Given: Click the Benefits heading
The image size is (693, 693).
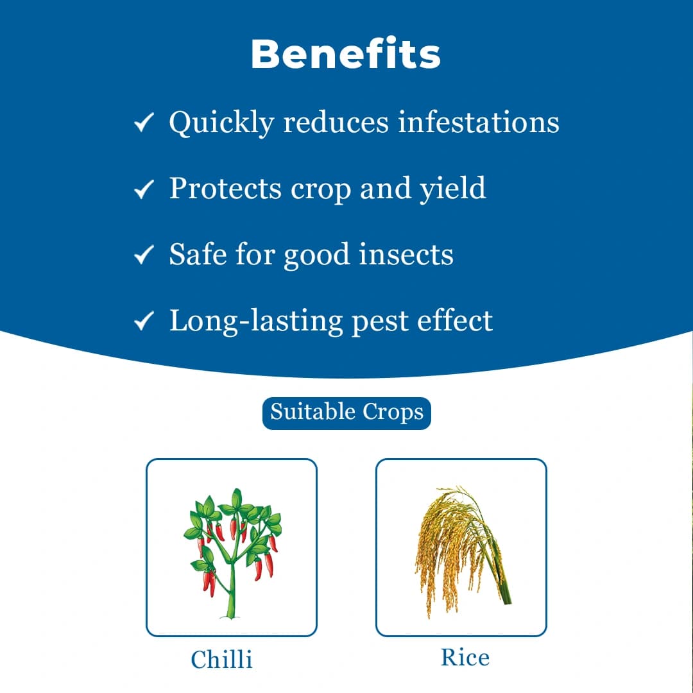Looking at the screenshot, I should coord(346,55).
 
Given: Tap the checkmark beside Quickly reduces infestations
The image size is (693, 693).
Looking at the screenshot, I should coord(143,123).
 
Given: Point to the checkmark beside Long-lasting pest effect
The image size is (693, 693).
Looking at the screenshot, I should coord(143,321).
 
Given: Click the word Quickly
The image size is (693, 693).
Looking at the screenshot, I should coord(221,123).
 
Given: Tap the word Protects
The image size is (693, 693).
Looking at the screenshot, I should coord(225,188).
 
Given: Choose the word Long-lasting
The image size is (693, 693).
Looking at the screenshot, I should coord(255,321).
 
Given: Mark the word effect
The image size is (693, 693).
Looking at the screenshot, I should coord(454,320).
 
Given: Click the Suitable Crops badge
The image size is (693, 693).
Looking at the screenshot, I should coord(346,412).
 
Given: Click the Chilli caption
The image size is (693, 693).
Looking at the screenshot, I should coord(221,659).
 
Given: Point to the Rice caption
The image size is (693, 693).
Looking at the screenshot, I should coord(465,657).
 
